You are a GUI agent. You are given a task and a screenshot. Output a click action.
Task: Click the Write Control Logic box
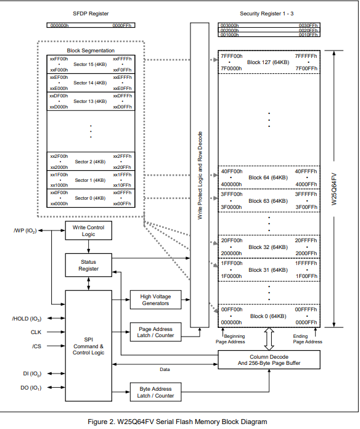pyautogui.click(x=88, y=231)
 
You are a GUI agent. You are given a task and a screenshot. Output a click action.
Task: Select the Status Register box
pyautogui.click(x=88, y=265)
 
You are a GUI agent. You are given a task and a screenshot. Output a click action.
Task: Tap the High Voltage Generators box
pyautogui.click(x=155, y=300)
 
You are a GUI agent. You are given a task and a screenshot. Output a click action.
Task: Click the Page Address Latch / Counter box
pyautogui.click(x=155, y=332)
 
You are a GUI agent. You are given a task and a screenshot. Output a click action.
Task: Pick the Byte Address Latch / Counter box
pyautogui.click(x=155, y=392)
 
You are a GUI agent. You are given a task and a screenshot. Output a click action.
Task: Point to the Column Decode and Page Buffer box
pyautogui.click(x=269, y=360)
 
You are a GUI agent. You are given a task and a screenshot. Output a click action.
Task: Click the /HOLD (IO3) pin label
pyautogui.click(x=27, y=319)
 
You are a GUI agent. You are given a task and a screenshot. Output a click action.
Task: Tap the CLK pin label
pyautogui.click(x=36, y=332)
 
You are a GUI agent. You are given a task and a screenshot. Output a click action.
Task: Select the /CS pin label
pyautogui.click(x=36, y=346)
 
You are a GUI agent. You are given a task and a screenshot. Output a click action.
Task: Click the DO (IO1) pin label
pyautogui.click(x=31, y=388)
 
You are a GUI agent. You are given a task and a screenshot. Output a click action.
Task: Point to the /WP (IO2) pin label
pyautogui.click(x=25, y=231)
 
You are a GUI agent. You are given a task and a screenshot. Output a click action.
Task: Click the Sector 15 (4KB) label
pyautogui.click(x=90, y=65)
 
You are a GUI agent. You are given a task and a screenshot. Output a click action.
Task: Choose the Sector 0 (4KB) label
pyautogui.click(x=90, y=198)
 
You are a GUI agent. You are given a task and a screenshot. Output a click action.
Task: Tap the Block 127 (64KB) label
pyautogui.click(x=268, y=62)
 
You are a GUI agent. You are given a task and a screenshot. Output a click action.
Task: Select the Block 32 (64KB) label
pyautogui.click(x=268, y=247)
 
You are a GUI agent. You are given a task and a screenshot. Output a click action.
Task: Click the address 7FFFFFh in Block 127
pyautogui.click(x=306, y=56)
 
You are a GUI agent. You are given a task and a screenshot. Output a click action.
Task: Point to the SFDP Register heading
pyautogui.click(x=91, y=14)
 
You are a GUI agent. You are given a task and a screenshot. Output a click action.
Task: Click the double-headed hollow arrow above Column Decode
pyautogui.click(x=269, y=339)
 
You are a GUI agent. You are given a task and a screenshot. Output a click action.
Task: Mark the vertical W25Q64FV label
pyautogui.click(x=334, y=189)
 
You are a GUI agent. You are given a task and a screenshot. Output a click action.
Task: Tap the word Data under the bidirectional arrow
pyautogui.click(x=165, y=369)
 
